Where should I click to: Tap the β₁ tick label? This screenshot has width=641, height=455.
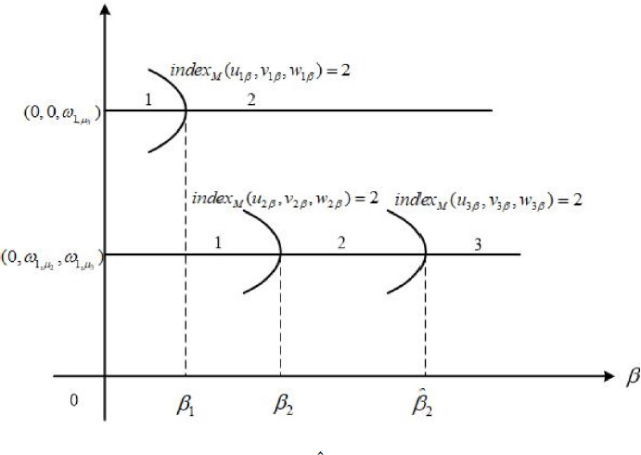tap(186, 407)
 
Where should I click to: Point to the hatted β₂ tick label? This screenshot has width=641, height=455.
tap(426, 404)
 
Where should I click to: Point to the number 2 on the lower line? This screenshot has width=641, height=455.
tap(341, 242)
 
